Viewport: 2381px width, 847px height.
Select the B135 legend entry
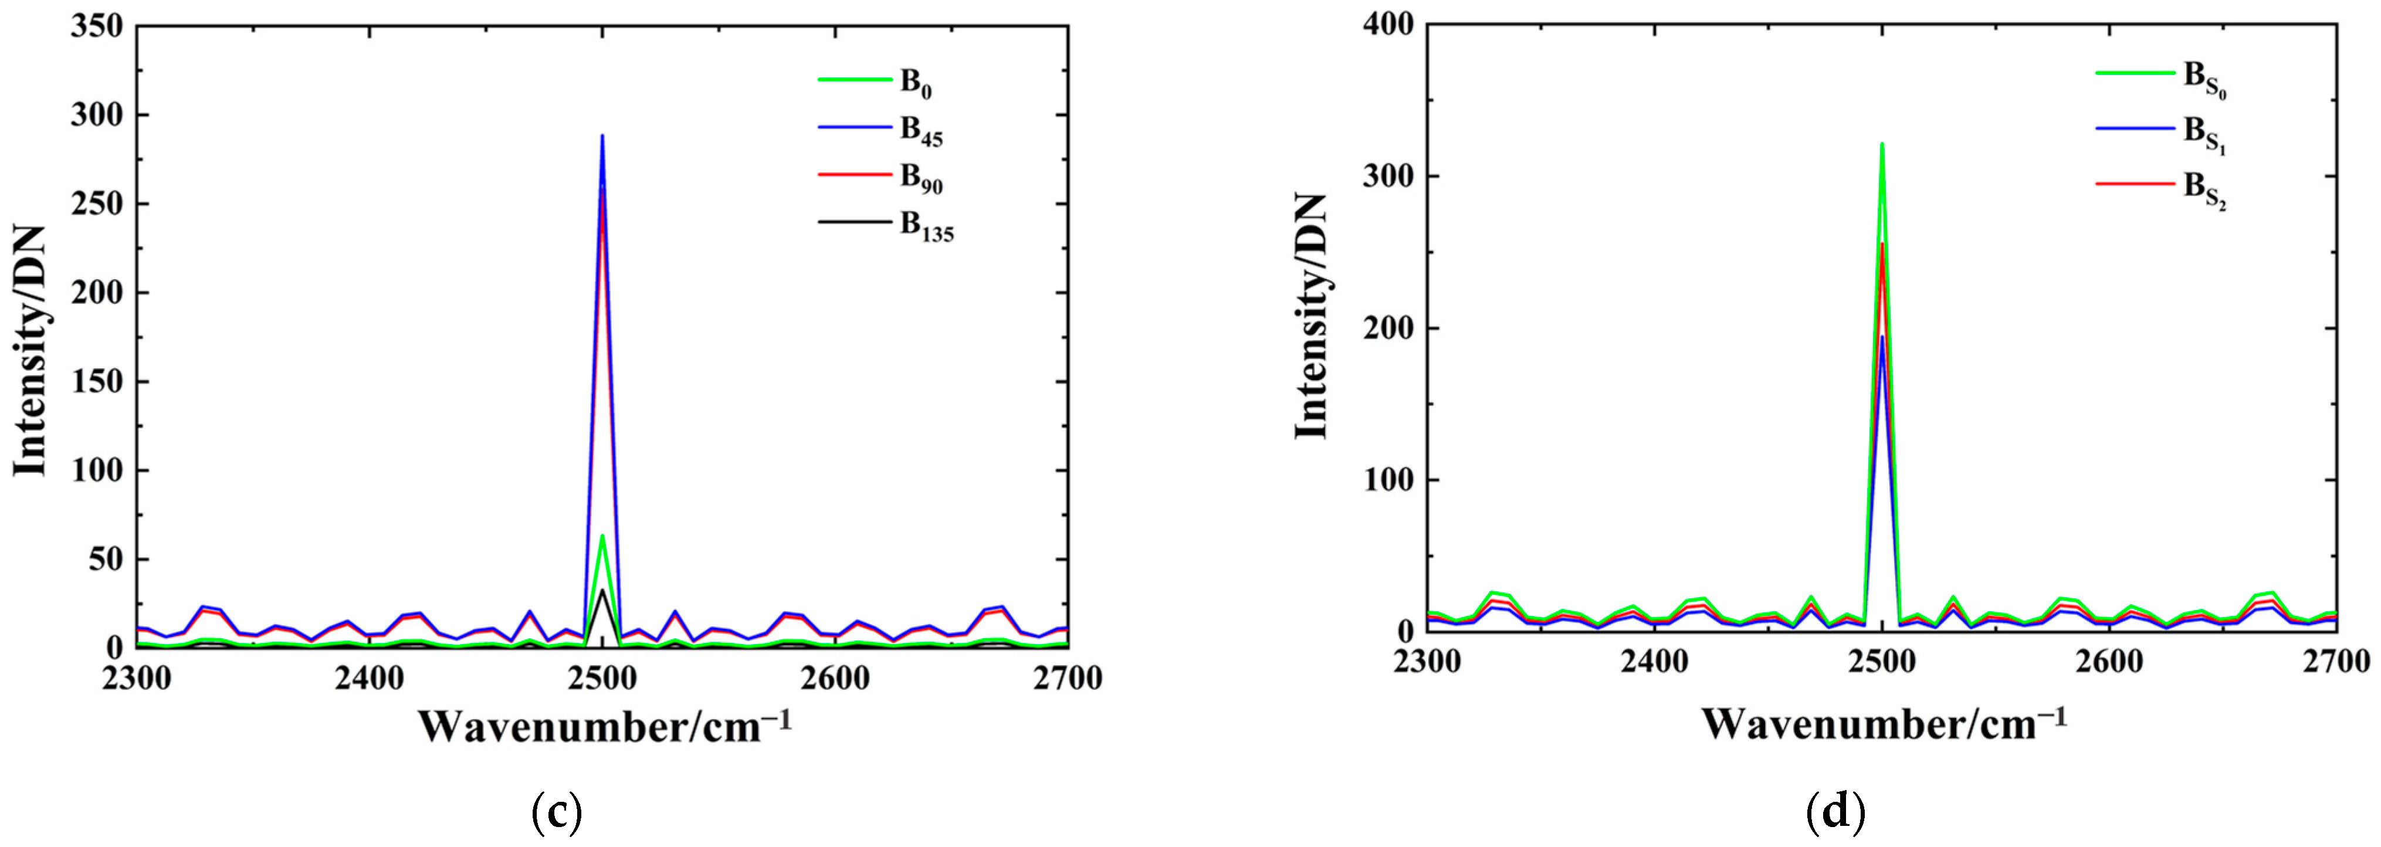coord(926,228)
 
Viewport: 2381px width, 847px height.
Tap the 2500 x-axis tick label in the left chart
coord(602,679)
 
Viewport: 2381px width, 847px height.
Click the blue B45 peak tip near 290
coord(602,136)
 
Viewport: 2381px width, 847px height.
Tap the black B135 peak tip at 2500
coord(602,590)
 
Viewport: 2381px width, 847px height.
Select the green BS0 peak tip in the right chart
coord(1881,144)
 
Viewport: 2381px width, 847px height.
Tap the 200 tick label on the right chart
coord(1388,328)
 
